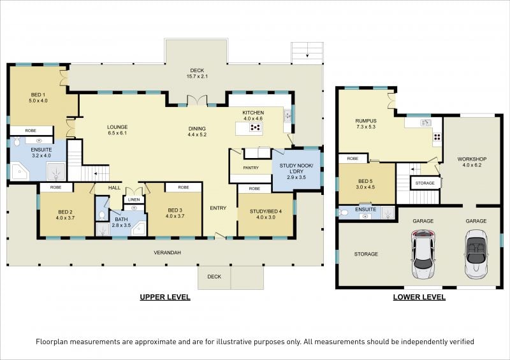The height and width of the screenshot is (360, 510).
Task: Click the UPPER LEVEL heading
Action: (x=165, y=297)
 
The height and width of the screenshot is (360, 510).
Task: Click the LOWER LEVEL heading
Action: (x=419, y=297)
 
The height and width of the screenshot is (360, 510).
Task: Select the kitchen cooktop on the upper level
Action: (x=256, y=127)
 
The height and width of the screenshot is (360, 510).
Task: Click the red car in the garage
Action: (x=423, y=254)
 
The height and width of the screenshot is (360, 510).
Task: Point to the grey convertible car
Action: (x=476, y=254)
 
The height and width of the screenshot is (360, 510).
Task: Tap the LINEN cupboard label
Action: (x=134, y=199)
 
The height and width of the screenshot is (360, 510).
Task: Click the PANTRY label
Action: (x=251, y=168)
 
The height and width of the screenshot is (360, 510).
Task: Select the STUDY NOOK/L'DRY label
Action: (x=296, y=168)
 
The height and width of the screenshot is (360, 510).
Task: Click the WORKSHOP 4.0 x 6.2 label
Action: (x=472, y=162)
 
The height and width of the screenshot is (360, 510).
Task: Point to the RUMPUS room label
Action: (x=366, y=120)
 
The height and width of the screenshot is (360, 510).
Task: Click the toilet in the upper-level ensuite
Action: (x=17, y=142)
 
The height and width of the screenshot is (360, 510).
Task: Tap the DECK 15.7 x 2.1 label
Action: (x=197, y=73)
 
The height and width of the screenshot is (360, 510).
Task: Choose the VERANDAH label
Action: (x=167, y=252)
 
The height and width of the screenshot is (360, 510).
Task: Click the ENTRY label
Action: (x=218, y=208)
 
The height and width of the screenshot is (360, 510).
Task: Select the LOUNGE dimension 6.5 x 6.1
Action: (x=117, y=133)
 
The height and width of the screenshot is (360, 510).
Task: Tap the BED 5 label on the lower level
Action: (x=365, y=181)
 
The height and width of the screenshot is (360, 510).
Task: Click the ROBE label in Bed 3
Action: (x=184, y=187)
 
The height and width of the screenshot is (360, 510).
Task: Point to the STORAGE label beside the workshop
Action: (x=425, y=183)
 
